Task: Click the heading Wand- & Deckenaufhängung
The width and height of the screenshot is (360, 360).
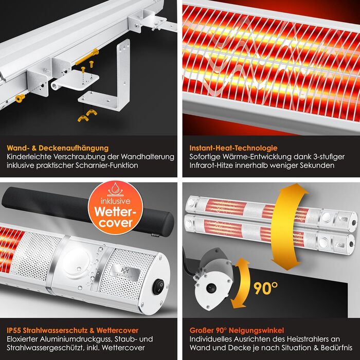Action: click(58, 148)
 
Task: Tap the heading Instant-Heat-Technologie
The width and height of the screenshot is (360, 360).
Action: click(233, 148)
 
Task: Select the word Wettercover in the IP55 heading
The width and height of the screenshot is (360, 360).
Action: click(117, 330)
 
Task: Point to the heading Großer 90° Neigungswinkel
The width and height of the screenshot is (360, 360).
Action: click(237, 330)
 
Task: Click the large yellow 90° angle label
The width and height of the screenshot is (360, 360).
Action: click(266, 289)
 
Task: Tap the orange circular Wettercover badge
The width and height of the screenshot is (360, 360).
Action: click(116, 208)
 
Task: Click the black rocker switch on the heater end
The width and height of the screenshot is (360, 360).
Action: click(159, 286)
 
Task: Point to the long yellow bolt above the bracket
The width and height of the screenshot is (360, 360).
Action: click(87, 57)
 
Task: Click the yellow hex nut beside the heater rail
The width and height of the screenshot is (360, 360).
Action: click(20, 98)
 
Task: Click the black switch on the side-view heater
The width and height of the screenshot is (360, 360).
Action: click(211, 289)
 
